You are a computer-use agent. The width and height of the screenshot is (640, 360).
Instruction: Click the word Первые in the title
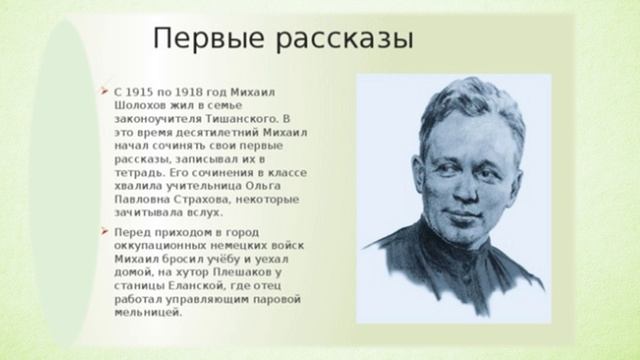(197, 39)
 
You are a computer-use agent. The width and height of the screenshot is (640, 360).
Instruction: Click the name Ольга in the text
(285, 186)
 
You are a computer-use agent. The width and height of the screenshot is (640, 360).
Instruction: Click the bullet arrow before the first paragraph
(105, 87)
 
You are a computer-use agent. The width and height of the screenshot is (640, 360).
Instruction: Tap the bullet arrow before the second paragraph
(105, 231)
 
